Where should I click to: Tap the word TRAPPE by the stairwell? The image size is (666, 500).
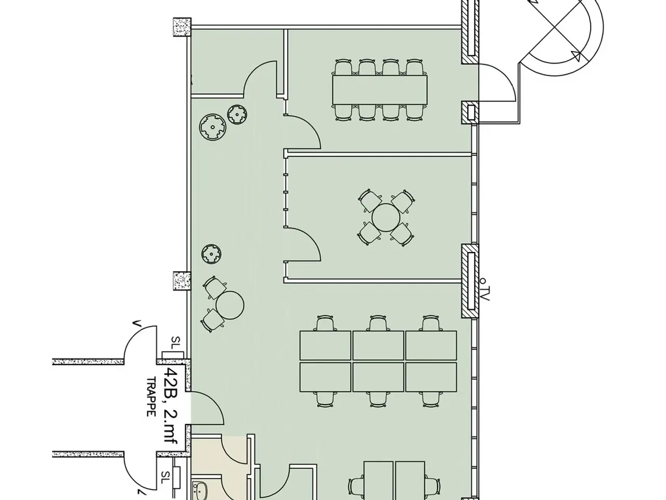[x=151, y=397]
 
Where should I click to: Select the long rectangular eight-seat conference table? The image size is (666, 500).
[x=380, y=90]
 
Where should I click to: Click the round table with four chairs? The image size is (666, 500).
[x=386, y=218]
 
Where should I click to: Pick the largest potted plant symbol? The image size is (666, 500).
[x=213, y=127]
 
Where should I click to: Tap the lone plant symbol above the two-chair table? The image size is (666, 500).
[x=211, y=254]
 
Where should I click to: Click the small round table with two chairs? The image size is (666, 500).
[x=230, y=305]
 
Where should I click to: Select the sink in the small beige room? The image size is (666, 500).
[x=200, y=492]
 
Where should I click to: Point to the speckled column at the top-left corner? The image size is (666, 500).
[x=182, y=27]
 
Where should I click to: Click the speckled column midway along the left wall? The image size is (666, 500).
[x=182, y=281]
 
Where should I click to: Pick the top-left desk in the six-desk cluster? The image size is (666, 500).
[x=325, y=346]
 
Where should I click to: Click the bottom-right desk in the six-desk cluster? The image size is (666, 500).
[x=431, y=377]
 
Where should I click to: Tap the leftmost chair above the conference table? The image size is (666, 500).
[x=343, y=67]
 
